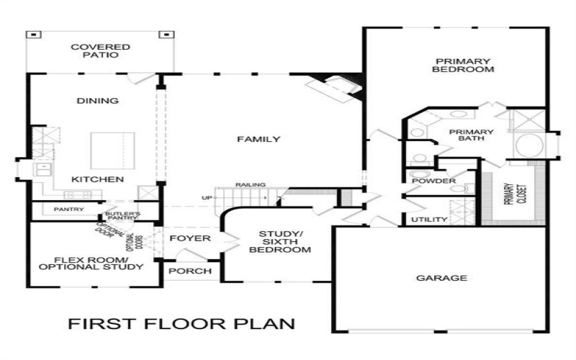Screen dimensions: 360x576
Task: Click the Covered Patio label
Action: pyautogui.click(x=101, y=52)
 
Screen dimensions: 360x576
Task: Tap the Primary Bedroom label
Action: pyautogui.click(x=462, y=66)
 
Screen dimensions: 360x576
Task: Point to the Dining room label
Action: pyautogui.click(x=97, y=101)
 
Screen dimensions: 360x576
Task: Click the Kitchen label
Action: pyautogui.click(x=97, y=179)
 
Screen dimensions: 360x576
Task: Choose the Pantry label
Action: pyautogui.click(x=69, y=210)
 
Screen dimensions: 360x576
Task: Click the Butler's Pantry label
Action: pyautogui.click(x=122, y=216)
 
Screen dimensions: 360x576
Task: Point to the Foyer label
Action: pyautogui.click(x=190, y=238)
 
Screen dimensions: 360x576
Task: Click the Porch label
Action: pyautogui.click(x=190, y=271)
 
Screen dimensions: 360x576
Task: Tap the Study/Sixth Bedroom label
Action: pyautogui.click(x=281, y=243)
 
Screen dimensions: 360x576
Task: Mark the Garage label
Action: pyautogui.click(x=441, y=278)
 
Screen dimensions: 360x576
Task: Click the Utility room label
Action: pyautogui.click(x=429, y=220)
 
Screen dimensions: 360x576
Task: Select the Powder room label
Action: pyautogui.click(x=429, y=181)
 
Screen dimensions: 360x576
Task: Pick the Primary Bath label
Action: pyautogui.click(x=472, y=136)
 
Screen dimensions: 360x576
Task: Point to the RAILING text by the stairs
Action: pyautogui.click(x=255, y=185)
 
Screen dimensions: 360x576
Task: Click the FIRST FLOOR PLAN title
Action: pyautogui.click(x=181, y=323)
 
